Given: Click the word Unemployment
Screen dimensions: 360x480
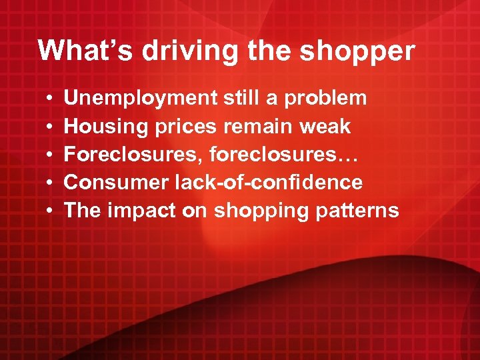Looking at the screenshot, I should coord(140,98).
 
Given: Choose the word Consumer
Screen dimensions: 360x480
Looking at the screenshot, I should coord(115,182).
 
